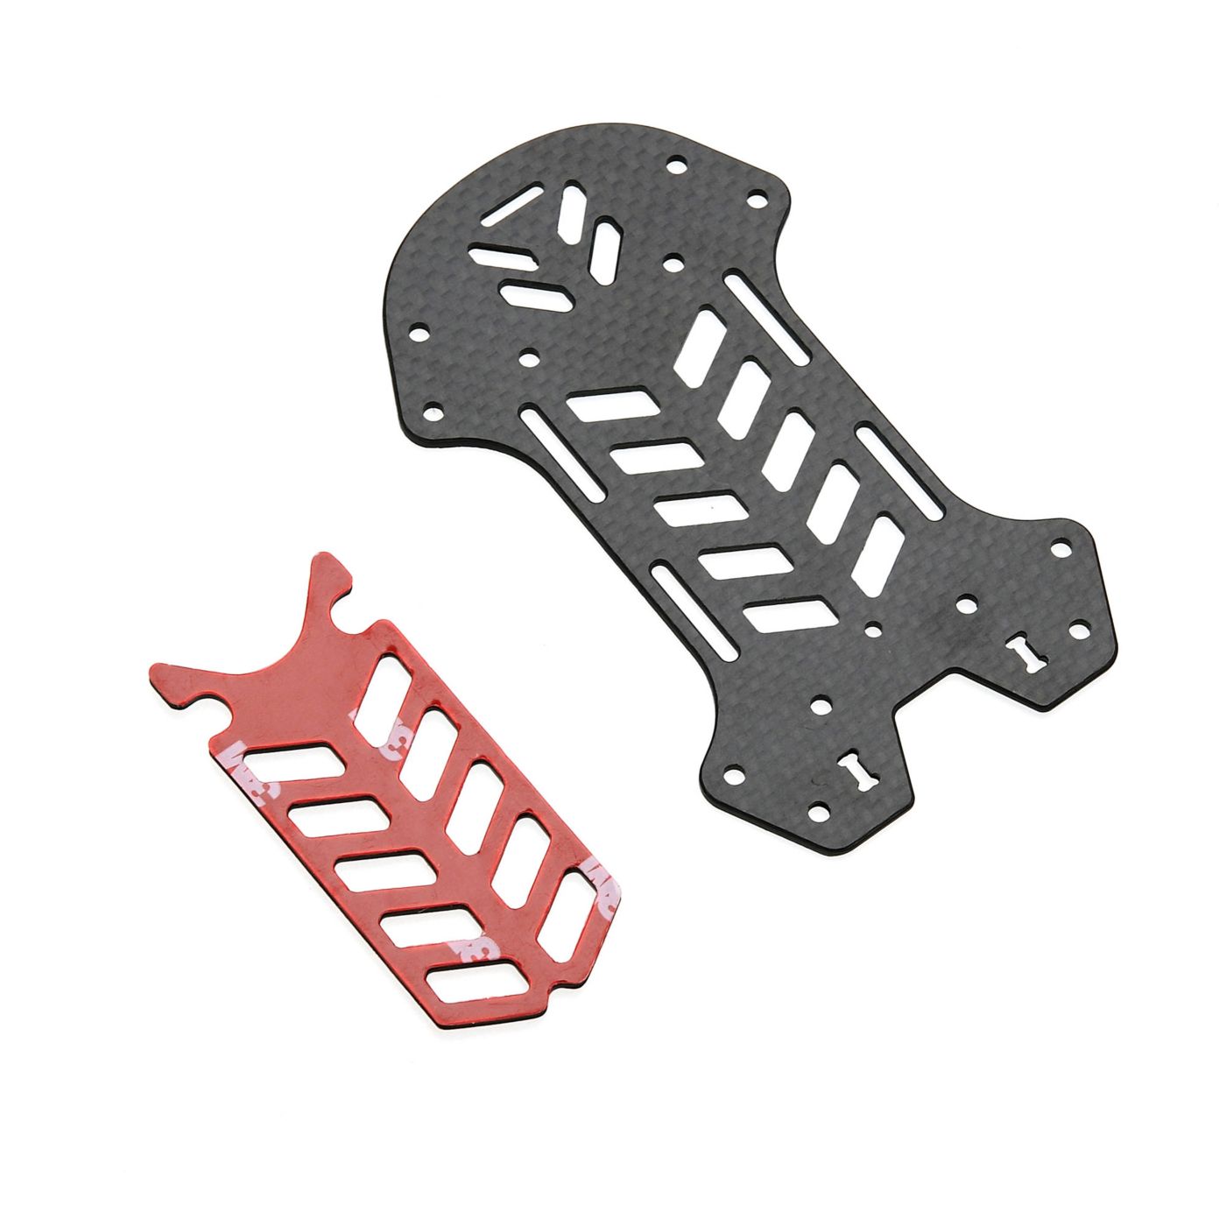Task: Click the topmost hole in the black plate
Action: tap(674, 165)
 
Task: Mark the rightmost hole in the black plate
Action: tap(1077, 631)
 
